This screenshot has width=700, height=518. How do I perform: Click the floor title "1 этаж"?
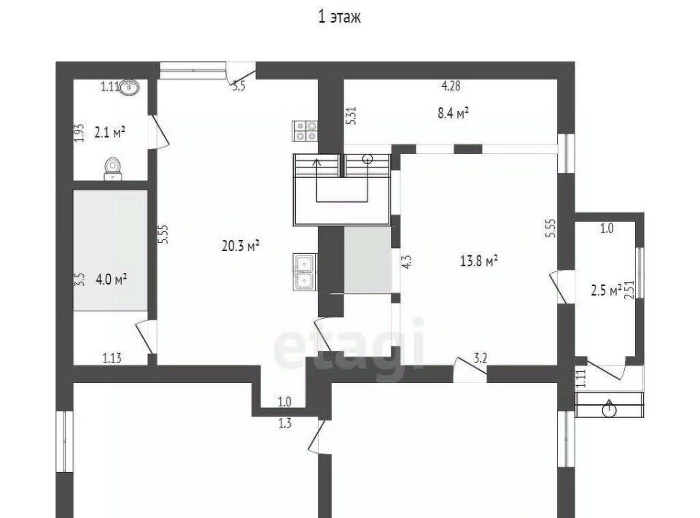[x=339, y=17]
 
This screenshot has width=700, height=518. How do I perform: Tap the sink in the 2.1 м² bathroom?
[x=130, y=87]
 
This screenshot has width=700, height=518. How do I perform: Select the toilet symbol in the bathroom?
[x=113, y=169]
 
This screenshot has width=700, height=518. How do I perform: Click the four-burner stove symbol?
[x=306, y=131]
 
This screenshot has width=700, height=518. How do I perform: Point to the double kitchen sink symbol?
[x=306, y=271]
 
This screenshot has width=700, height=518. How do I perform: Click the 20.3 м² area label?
[x=241, y=245]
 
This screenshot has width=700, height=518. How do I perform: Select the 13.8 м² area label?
[x=479, y=260]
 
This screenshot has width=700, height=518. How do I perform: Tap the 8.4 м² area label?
[x=453, y=113]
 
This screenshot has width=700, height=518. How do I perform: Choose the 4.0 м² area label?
[x=111, y=280]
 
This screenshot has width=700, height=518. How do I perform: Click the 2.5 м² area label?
[x=606, y=290]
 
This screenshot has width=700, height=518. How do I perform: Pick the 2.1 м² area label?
[x=110, y=132]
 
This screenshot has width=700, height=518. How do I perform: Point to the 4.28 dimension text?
[x=451, y=86]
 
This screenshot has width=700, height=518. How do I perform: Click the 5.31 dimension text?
[x=351, y=116]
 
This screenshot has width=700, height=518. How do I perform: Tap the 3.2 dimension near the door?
[x=481, y=357]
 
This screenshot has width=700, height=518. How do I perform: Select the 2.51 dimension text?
[x=630, y=290]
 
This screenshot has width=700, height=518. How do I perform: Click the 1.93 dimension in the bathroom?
[x=79, y=133]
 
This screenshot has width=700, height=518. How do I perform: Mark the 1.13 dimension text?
[x=112, y=357]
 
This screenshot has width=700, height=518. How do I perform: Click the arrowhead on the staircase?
[x=317, y=162]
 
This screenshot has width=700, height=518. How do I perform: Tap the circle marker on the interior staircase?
[x=367, y=158]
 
